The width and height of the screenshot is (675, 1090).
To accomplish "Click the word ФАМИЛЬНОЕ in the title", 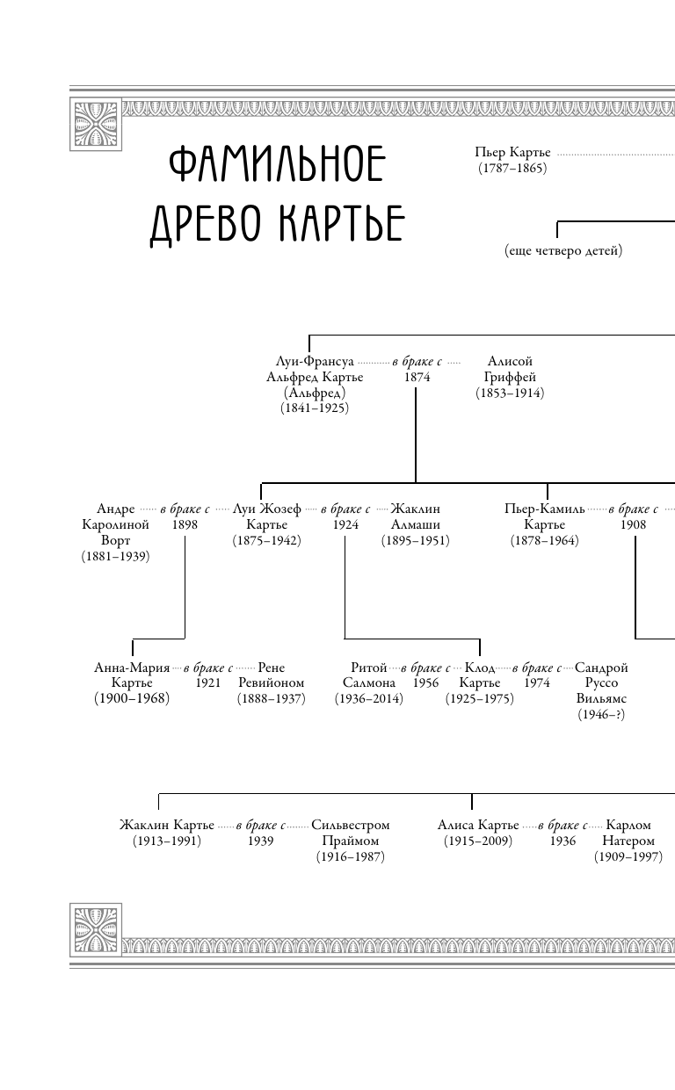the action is [x=276, y=165].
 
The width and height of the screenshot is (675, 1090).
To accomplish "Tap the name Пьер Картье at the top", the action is [x=512, y=153].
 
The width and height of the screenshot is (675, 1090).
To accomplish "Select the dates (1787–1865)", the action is [x=512, y=168].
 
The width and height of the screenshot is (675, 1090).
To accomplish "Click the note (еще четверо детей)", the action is [x=563, y=251].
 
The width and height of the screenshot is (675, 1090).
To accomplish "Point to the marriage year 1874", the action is [x=417, y=377].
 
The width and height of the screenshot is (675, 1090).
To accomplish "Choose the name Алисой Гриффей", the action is [x=510, y=369].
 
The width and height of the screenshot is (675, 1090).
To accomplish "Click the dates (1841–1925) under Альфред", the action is [x=315, y=408].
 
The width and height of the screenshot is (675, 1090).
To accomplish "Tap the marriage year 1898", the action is [x=185, y=524].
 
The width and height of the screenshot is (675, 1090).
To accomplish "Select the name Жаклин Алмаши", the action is [x=415, y=516].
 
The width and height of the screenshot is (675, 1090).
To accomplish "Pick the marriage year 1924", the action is [x=345, y=524].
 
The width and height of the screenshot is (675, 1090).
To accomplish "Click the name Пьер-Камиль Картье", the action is [x=545, y=516].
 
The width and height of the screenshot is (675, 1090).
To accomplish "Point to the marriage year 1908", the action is [x=633, y=524].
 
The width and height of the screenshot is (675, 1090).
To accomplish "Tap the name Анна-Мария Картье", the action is [x=132, y=675].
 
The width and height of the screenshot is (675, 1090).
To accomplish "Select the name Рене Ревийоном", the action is [x=271, y=675].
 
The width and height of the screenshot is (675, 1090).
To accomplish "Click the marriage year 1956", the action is [x=425, y=682].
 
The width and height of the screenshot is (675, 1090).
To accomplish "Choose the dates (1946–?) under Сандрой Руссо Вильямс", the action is [x=601, y=714].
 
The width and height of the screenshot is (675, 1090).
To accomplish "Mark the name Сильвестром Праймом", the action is [x=351, y=833].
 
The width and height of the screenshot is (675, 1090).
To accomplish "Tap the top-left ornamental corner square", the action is [x=96, y=122].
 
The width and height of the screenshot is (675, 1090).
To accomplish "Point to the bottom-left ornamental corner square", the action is [x=96, y=929].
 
